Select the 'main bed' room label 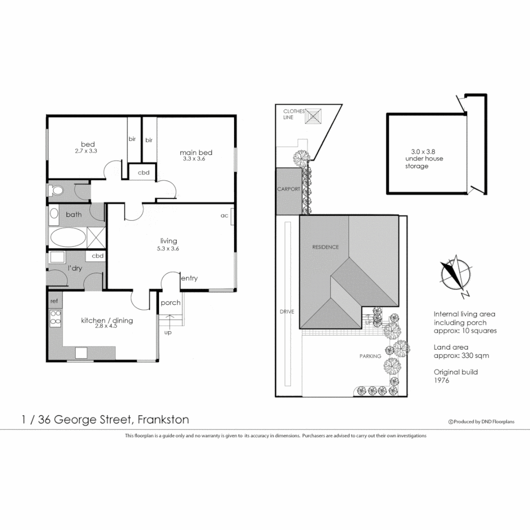coord(196,153)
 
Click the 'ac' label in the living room coord(224,215)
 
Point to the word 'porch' coord(171,303)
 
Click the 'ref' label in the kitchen coord(53,300)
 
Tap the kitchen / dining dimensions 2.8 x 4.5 coord(106,327)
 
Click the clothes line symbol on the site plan coord(315,117)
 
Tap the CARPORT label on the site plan coord(288,189)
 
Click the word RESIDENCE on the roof coord(326,247)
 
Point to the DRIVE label coord(287,312)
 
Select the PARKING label coord(371,356)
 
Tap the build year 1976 coord(441,380)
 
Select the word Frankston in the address coord(163,420)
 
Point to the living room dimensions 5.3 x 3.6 coord(168,248)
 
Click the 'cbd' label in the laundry coord(98,256)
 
